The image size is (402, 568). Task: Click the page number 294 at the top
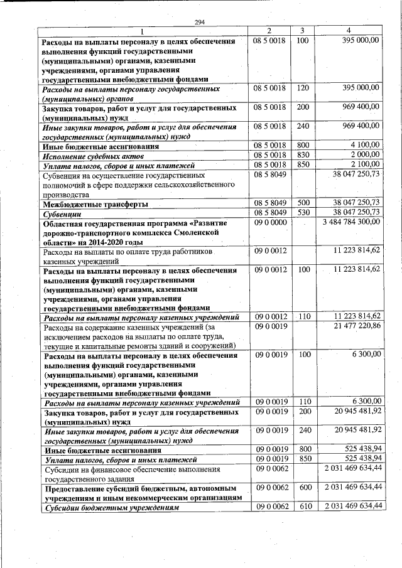tap(200, 23)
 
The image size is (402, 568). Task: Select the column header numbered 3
tap(303, 31)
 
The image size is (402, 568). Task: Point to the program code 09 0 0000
tap(270, 222)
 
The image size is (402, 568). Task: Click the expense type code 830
tap(303, 155)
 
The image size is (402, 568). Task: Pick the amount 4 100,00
tap(364, 146)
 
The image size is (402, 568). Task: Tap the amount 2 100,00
tap(364, 164)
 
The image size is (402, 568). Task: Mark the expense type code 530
tap(303, 213)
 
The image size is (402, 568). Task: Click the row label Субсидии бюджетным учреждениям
tap(108, 507)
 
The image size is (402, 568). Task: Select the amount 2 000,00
tap(364, 155)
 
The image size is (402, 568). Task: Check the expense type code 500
tap(303, 204)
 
